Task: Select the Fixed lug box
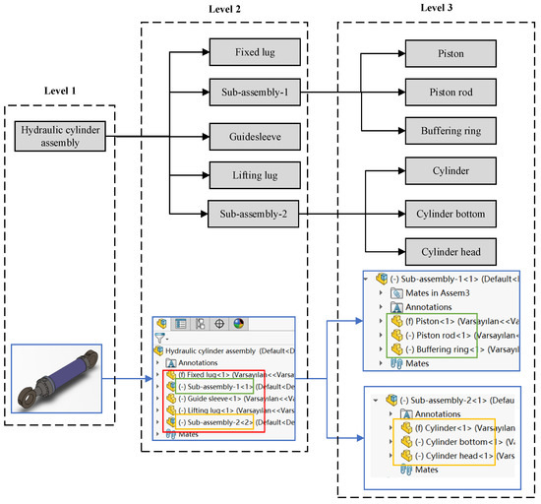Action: pos(248,50)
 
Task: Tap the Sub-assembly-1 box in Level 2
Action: pos(248,93)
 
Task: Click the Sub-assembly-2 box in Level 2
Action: pos(248,213)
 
